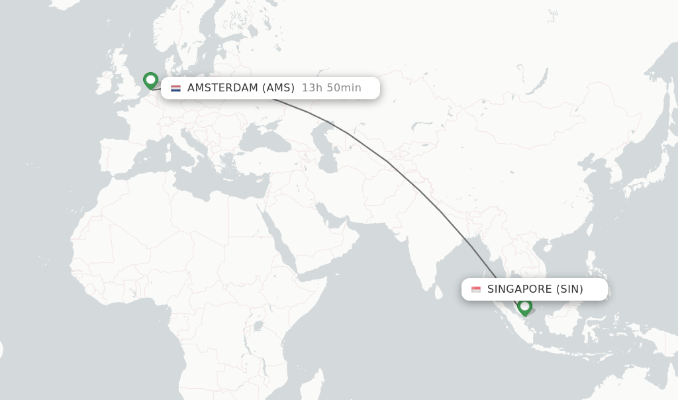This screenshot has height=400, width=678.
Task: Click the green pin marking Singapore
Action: [x=524, y=307]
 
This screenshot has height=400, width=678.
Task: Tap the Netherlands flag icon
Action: [x=175, y=88]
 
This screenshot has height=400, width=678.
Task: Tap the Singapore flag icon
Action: [x=476, y=289]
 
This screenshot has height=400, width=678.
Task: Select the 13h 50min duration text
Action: [x=331, y=88]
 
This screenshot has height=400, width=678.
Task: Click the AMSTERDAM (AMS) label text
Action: [x=240, y=88]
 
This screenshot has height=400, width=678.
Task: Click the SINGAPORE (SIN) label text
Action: [x=535, y=289]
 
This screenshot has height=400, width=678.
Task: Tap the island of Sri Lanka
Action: [x=438, y=292]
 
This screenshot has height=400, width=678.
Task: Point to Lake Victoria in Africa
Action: [x=258, y=326]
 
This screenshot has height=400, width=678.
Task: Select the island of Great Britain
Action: [x=126, y=79]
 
